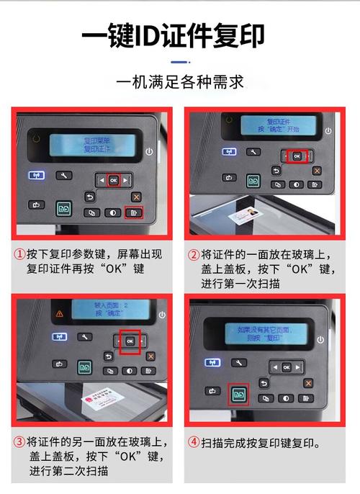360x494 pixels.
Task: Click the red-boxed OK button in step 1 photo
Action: (x=112, y=181)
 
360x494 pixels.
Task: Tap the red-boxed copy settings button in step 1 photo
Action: (x=134, y=212)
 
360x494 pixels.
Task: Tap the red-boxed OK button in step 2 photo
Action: (x=297, y=156)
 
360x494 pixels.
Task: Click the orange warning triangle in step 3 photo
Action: (x=59, y=315)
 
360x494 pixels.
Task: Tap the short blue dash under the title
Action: (x=179, y=63)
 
